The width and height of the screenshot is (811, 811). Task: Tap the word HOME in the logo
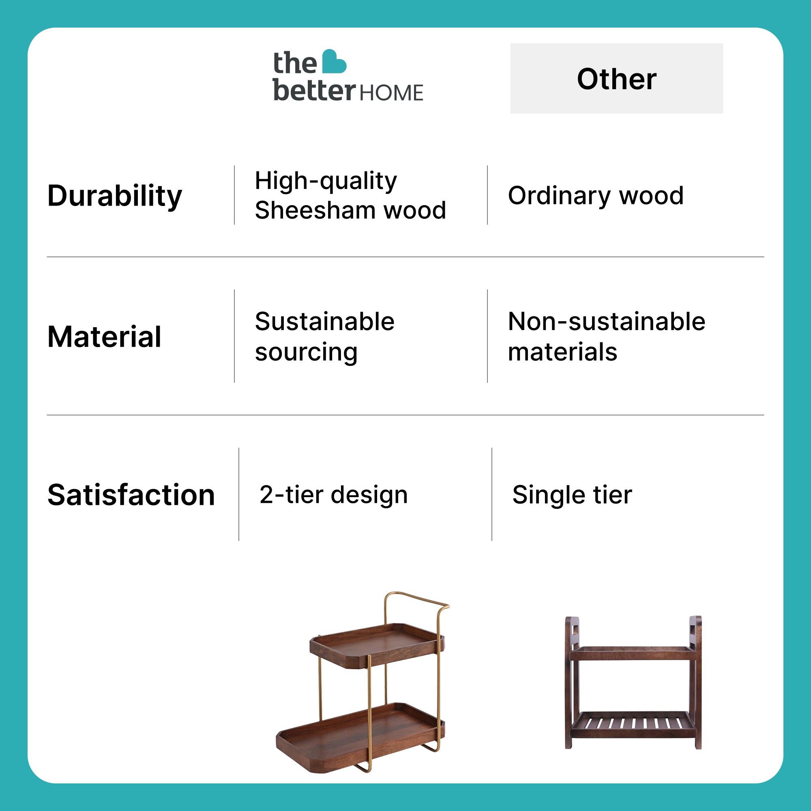391,93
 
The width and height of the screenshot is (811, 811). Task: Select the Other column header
616,79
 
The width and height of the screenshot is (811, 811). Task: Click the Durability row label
115,196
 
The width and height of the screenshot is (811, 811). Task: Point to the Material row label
104,337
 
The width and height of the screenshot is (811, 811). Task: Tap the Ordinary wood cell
596,195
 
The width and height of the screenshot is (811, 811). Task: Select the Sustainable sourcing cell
324,337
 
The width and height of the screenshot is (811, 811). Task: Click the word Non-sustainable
607,322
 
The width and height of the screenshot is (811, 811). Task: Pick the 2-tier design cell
333,495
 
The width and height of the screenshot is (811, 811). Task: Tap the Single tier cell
572,495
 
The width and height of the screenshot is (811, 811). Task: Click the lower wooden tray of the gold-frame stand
360,738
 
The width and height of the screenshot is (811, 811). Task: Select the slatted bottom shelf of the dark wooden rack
633,725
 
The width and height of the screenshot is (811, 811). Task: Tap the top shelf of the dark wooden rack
633,653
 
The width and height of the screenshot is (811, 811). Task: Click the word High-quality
326,181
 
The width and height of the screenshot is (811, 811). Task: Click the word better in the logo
314,90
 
